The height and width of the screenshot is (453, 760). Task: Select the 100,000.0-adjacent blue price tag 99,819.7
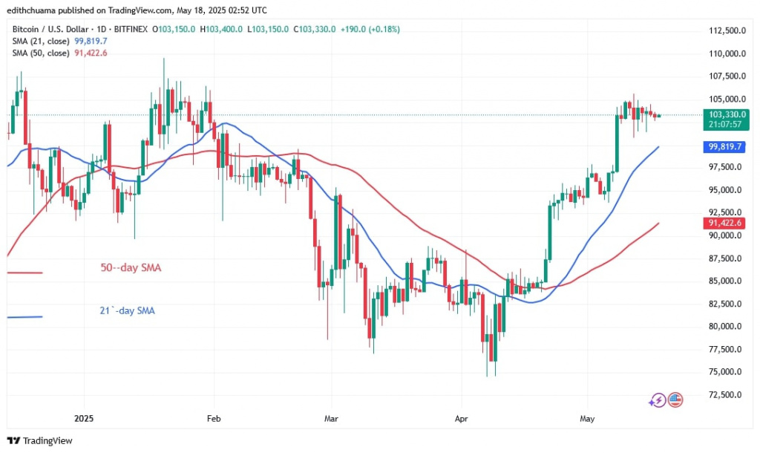point(722,147)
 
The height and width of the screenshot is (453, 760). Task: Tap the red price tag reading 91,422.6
point(722,222)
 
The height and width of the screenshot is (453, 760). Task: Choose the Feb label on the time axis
point(214,418)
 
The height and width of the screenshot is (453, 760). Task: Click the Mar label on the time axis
point(331,418)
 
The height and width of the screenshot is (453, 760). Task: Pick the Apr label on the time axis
point(461,418)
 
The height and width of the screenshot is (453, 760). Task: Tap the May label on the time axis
point(586,418)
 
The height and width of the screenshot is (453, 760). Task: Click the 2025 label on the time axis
point(84,418)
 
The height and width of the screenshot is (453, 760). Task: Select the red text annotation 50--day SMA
point(131,267)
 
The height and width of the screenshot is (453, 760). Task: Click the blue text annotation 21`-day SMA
point(127,310)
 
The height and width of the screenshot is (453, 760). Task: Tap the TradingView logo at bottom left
point(40,440)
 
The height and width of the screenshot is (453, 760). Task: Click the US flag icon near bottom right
point(675,400)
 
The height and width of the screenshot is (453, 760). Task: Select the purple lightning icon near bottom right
point(657,400)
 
